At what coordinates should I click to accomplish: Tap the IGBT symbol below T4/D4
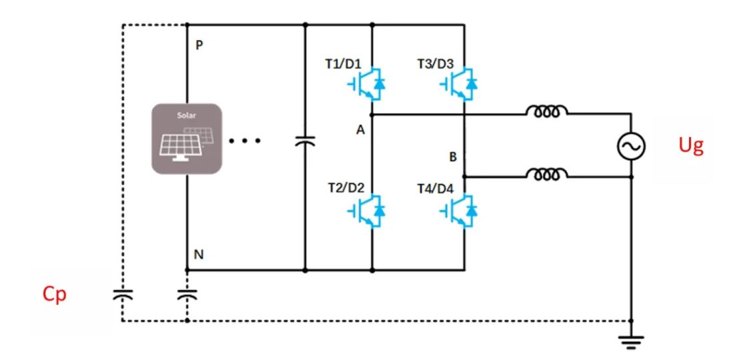tap(459, 211)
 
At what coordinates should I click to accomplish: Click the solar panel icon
tap(186, 139)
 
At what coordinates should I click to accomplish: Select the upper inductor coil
tap(547, 113)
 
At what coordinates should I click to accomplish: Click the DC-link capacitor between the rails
tap(305, 141)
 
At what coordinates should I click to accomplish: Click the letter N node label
tap(198, 255)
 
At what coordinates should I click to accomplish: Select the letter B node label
tap(453, 158)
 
